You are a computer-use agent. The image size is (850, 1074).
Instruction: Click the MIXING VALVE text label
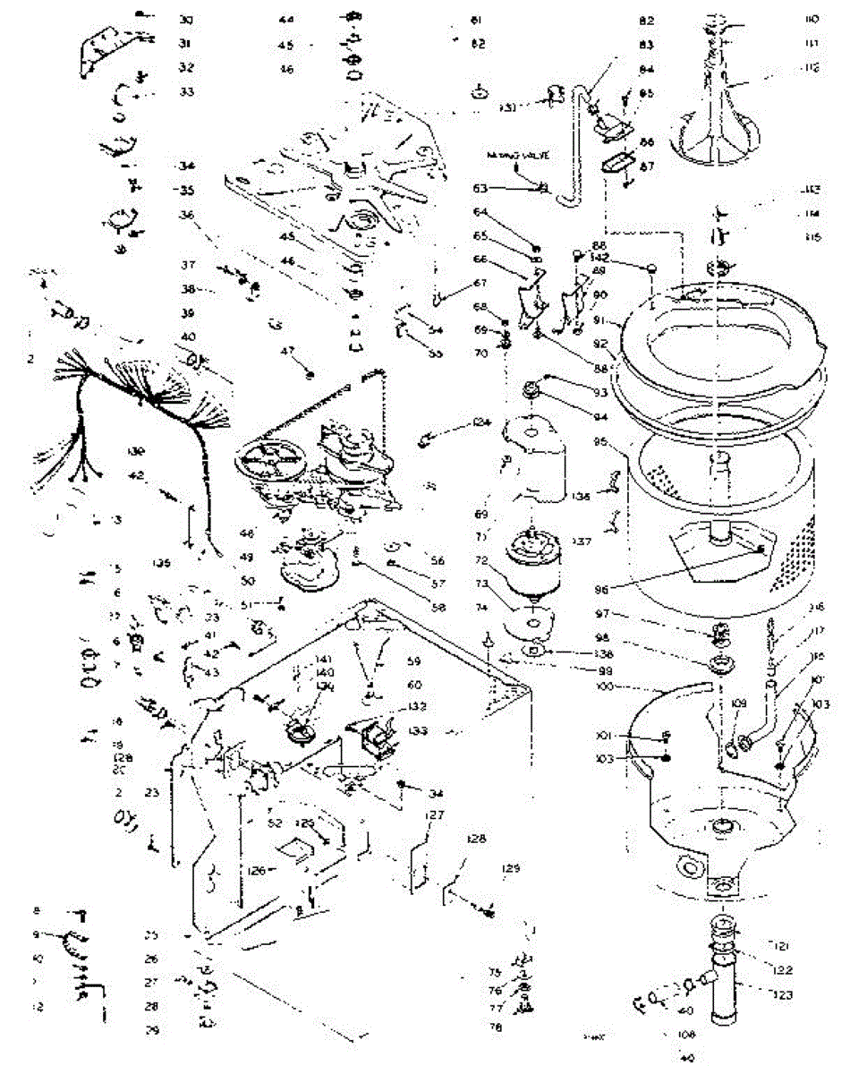coord(514,156)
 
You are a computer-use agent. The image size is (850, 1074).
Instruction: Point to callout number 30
coord(185,20)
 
